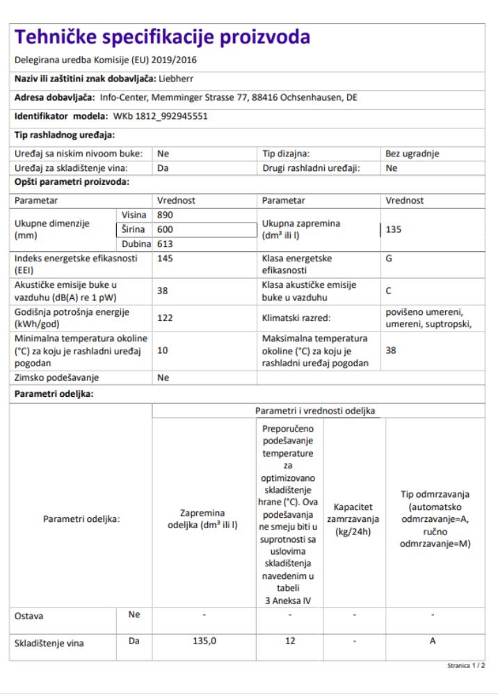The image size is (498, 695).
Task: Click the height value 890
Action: coord(166,215)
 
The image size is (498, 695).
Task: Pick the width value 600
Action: coord(166,229)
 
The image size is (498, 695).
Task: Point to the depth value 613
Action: coord(166,244)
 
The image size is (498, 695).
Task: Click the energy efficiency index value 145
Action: coord(166,258)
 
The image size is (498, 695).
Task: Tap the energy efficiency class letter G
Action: coord(389,258)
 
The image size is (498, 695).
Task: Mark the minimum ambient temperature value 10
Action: coord(163,351)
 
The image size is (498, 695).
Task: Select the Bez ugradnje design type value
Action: coord(412,154)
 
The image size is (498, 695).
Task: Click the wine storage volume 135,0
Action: coord(204,642)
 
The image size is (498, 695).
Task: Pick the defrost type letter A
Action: coord(432,642)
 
